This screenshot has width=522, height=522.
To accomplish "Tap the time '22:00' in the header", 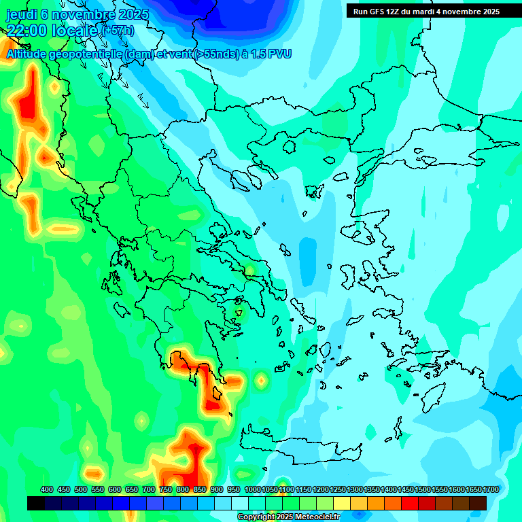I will pos(29,31).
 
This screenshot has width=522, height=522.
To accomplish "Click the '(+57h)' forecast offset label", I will pos(118,31).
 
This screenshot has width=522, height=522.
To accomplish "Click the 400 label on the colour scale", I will pos(47,490).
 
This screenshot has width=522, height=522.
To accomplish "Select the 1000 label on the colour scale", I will pos(252,490).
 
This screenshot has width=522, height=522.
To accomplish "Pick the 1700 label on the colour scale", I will pos(491,490).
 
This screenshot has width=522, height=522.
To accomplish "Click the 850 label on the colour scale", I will pos(200,490).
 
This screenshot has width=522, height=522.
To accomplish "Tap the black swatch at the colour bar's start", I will pos(36,503).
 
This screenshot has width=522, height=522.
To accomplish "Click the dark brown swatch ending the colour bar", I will pos(478,503).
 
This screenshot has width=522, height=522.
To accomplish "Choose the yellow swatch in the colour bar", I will pos(342,503).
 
